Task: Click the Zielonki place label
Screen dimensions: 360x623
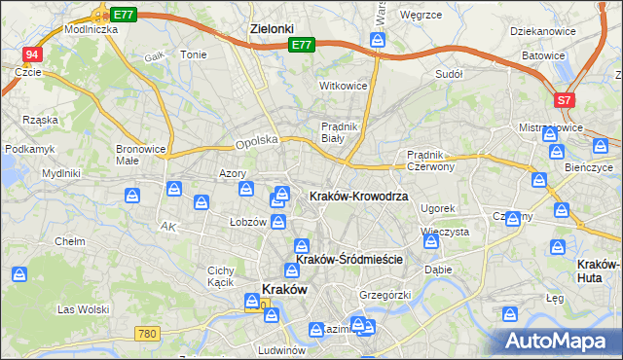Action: (272, 29)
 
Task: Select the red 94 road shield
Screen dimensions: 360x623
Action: (32, 54)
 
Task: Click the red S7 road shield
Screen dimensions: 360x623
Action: (565, 100)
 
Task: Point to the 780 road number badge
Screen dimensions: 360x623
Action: (147, 334)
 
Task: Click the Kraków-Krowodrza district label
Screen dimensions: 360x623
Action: (358, 196)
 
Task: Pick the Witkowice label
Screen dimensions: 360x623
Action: (344, 86)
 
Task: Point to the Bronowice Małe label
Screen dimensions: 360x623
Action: (141, 157)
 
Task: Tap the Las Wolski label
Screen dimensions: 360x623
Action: (81, 309)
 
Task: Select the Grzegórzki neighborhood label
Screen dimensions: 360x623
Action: (385, 294)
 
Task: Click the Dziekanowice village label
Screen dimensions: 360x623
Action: (543, 30)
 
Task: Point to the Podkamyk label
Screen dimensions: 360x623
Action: (30, 149)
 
